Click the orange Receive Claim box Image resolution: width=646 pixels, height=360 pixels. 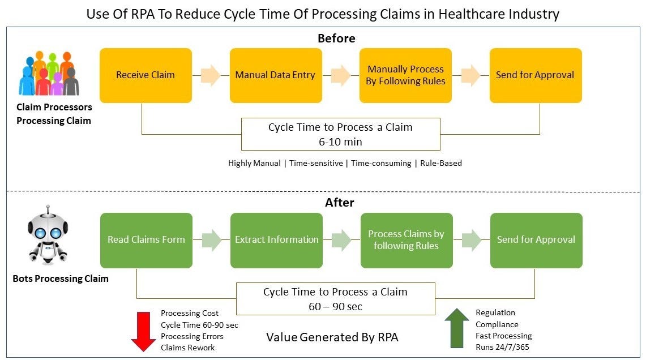tap(146, 75)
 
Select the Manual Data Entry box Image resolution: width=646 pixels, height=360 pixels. tap(275, 75)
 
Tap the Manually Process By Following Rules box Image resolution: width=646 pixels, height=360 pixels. tap(405, 75)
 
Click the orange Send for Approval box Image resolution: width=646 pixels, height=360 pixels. tap(535, 75)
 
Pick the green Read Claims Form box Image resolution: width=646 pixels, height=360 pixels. tap(146, 240)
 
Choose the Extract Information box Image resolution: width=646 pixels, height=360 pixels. tap(276, 240)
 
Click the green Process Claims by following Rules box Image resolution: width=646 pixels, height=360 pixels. tap(406, 240)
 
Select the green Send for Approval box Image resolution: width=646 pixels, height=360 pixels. tap(536, 240)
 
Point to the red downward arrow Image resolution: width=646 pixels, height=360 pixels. tap(143, 332)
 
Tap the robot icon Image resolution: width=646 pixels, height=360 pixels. tap(48, 235)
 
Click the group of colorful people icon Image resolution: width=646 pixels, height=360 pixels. tap(49, 74)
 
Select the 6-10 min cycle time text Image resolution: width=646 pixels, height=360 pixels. tap(340, 141)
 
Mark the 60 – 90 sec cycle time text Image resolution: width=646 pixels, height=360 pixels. tap(335, 306)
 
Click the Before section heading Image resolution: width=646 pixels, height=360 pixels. tap(336, 38)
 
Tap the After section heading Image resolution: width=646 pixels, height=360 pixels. tap(340, 203)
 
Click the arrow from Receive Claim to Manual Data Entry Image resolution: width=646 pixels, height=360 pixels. tap(211, 75)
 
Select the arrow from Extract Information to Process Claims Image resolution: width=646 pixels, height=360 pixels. tap(341, 240)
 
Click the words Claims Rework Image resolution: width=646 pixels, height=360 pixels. tap(188, 348)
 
